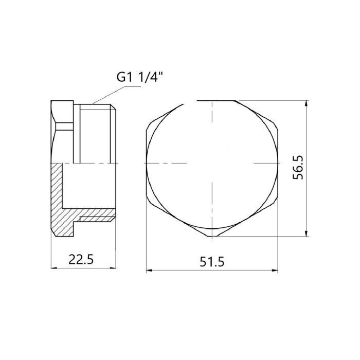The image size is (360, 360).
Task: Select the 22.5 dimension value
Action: tap(81, 260)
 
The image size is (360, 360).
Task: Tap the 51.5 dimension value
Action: tap(212, 262)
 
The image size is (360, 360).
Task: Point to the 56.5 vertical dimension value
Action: tap(298, 168)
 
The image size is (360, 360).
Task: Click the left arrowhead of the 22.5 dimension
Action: tap(53, 268)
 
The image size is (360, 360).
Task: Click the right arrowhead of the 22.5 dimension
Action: tap(113, 268)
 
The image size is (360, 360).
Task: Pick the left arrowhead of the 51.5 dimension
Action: tap(149, 270)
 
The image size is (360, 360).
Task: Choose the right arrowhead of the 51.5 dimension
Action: tap(275, 270)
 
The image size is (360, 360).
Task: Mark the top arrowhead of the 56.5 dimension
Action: tap(306, 103)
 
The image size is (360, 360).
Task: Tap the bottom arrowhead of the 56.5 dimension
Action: tap(306, 233)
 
